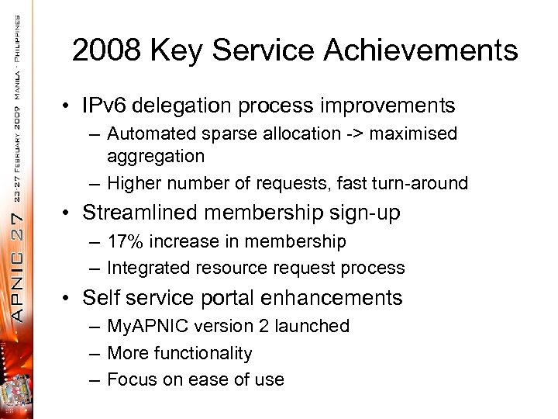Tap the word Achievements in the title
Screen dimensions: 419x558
pos(422,50)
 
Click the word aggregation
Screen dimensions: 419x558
pos(156,156)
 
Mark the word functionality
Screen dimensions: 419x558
pos(201,354)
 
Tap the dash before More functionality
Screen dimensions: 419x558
pos(93,354)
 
